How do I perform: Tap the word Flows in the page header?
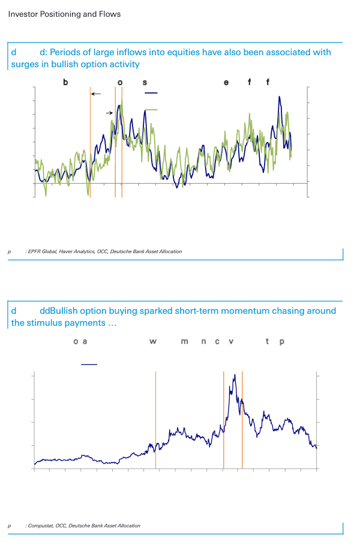(x=109, y=14)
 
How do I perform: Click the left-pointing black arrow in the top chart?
(x=96, y=94)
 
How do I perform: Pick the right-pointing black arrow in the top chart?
(x=110, y=113)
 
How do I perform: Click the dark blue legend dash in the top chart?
(x=151, y=94)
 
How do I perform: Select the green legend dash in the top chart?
(x=151, y=110)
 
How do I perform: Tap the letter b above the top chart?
(x=65, y=82)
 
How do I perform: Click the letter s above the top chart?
(x=145, y=82)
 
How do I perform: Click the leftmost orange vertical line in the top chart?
(x=90, y=144)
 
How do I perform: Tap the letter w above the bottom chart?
(x=153, y=342)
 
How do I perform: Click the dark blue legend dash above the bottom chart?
(x=89, y=364)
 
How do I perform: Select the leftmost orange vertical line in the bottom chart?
(x=155, y=420)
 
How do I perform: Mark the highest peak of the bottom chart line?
(x=233, y=374)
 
